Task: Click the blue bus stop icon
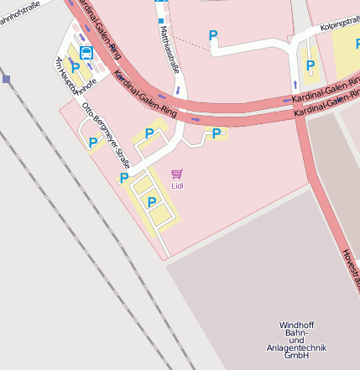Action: coord(86,52)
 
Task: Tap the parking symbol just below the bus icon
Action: coord(75,68)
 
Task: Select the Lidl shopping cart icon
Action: coord(176,174)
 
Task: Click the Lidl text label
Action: coord(176,185)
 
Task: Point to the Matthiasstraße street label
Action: coord(169,50)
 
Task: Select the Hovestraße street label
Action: coord(351,268)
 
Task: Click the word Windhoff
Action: coord(296,326)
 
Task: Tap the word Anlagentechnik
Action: coord(296,348)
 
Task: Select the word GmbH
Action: coord(296,356)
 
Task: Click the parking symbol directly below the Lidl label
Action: coord(152,201)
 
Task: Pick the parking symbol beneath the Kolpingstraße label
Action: coord(310,65)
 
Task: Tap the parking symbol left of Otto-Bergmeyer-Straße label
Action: coord(93,143)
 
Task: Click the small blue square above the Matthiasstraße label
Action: coord(160,19)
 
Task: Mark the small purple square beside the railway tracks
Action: coord(7,79)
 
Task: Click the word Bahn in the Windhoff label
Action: coord(296,333)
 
